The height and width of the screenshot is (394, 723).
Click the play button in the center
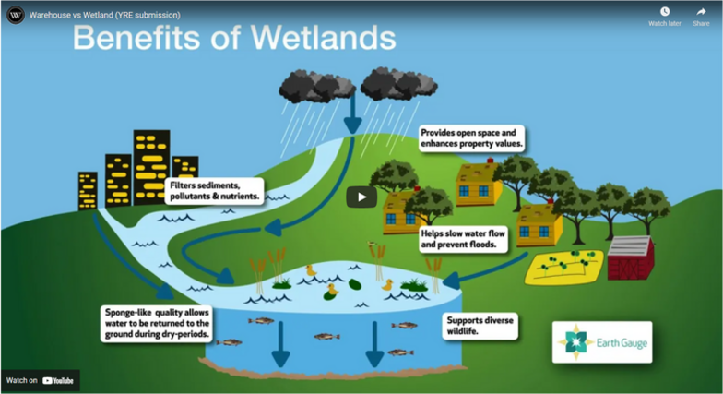(x=361, y=197)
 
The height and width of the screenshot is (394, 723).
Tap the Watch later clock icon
(x=664, y=12)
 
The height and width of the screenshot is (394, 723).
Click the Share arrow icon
(x=701, y=12)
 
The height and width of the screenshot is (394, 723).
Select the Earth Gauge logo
(x=602, y=342)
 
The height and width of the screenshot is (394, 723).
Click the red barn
(x=631, y=257)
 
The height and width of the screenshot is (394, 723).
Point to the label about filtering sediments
(x=215, y=190)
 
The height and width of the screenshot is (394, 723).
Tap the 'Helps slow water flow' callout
(x=464, y=239)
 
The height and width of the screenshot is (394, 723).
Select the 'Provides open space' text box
(x=472, y=138)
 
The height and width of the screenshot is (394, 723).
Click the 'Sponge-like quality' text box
(x=158, y=323)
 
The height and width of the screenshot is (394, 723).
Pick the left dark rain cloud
(x=314, y=86)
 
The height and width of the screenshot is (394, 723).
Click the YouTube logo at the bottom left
(x=58, y=380)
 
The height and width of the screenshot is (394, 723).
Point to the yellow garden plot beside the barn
(x=563, y=265)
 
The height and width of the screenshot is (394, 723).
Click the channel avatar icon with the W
(x=15, y=15)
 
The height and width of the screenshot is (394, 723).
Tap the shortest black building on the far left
(x=88, y=191)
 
